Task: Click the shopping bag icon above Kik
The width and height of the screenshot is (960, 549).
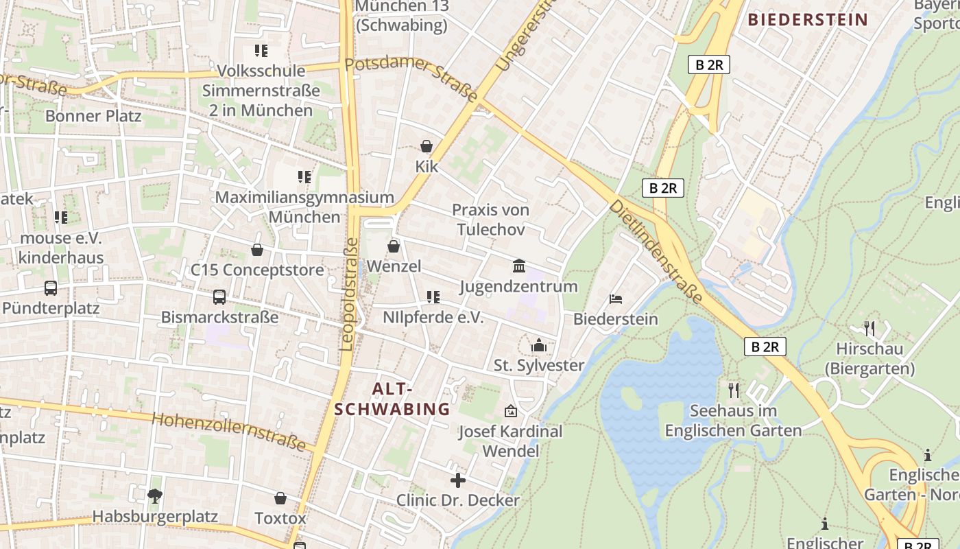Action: point(427,146)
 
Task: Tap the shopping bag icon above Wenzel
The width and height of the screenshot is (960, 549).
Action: point(394,246)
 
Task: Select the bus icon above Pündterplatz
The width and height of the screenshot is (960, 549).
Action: point(50,288)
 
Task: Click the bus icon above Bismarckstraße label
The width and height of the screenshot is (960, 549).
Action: point(219,297)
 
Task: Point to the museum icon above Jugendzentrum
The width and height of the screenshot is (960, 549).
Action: point(519,266)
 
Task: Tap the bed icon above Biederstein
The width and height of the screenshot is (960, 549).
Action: point(616,299)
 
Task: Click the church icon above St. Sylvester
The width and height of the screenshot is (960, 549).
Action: point(539,344)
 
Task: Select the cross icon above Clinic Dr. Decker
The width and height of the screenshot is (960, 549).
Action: point(457,480)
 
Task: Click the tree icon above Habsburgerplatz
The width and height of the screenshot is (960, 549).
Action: point(155,495)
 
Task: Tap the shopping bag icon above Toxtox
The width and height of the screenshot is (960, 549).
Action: point(280,498)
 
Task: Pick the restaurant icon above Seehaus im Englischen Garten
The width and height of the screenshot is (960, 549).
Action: point(734,390)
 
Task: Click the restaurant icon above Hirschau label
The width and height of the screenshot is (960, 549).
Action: point(869,328)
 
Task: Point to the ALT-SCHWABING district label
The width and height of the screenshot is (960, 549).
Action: point(392,399)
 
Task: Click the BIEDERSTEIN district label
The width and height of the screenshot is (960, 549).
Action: point(808,19)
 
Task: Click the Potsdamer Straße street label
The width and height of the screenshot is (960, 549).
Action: point(411,80)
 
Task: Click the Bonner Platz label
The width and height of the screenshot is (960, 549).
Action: point(93,115)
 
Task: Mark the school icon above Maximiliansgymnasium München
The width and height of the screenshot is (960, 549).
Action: point(304,177)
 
